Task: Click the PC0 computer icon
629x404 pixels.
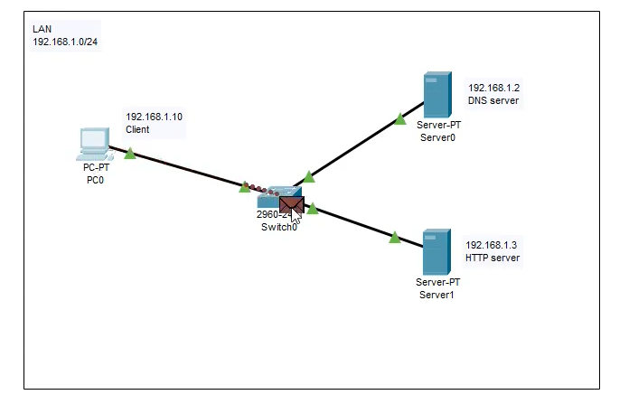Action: pyautogui.click(x=93, y=143)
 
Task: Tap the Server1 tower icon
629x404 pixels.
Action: pyautogui.click(x=437, y=252)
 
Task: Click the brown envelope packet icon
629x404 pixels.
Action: pyautogui.click(x=291, y=204)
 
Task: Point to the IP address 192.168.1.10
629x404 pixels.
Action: pyautogui.click(x=154, y=117)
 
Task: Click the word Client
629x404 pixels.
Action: pyautogui.click(x=137, y=129)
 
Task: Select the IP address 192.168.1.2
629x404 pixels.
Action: pyautogui.click(x=493, y=88)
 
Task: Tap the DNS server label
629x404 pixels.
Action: pyautogui.click(x=493, y=101)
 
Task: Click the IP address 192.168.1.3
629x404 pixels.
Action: pyautogui.click(x=491, y=245)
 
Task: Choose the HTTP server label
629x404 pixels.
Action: pyautogui.click(x=493, y=258)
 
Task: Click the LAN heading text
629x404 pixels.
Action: pyautogui.click(x=42, y=29)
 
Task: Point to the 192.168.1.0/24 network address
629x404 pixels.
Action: pyautogui.click(x=65, y=42)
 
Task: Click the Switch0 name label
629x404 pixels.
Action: pyautogui.click(x=276, y=228)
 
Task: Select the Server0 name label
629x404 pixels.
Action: pyautogui.click(x=438, y=137)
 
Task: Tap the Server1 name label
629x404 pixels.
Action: pyautogui.click(x=438, y=295)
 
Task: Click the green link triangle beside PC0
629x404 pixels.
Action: pyautogui.click(x=130, y=154)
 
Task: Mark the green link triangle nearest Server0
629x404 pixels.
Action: pyautogui.click(x=400, y=118)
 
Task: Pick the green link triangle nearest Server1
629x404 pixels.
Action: pyautogui.click(x=395, y=238)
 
